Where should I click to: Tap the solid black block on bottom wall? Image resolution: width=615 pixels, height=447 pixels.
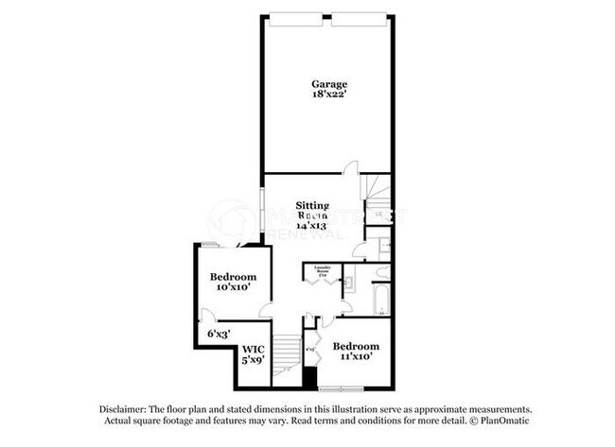click(308, 374)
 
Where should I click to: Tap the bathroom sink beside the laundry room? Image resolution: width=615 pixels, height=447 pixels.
click(348, 280)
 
